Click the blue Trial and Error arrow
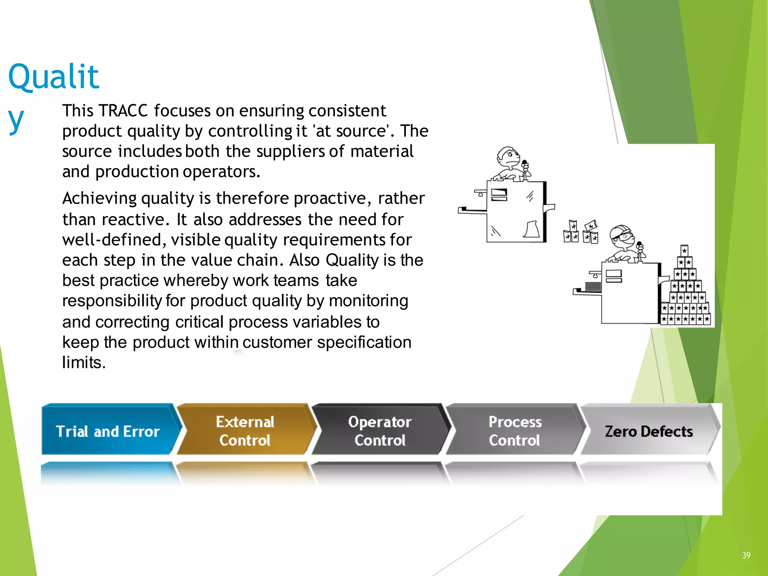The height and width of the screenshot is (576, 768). pos(108,430)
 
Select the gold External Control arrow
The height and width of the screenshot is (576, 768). pos(245,430)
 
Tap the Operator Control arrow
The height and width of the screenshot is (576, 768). pos(380,430)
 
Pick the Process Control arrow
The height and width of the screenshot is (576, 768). pos(515,430)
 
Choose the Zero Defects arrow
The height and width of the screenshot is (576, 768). pos(649,430)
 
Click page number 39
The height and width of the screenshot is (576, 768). pos(746,555)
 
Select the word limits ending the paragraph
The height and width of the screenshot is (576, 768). pos(84,363)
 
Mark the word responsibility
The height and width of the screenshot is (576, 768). pos(112,301)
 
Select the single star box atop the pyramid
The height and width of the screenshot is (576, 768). pos(684,250)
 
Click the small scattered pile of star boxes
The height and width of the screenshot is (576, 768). pos(580,232)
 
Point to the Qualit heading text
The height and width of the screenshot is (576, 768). pos(54,77)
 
